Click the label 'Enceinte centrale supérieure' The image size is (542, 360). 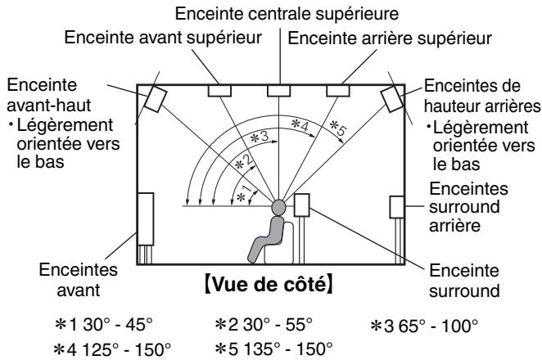(271, 13)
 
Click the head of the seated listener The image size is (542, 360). (279, 208)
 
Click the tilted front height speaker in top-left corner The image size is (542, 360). (156, 99)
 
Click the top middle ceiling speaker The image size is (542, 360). (279, 90)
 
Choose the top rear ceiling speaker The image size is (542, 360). (337, 90)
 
